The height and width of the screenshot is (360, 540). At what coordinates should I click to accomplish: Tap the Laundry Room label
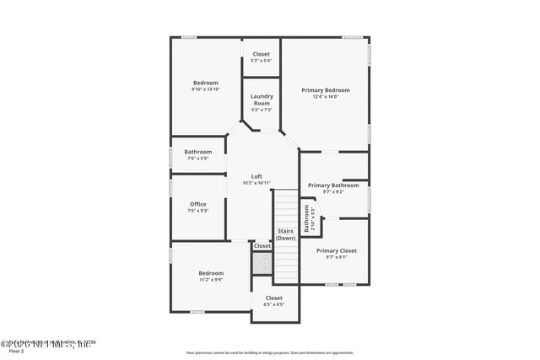coord(262,99)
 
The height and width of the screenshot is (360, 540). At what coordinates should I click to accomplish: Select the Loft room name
coord(256,176)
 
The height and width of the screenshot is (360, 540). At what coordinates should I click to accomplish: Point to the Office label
coord(198,204)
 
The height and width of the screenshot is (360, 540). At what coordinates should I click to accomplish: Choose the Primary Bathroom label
coord(333,185)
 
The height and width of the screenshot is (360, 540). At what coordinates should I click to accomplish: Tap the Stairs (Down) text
coord(286,234)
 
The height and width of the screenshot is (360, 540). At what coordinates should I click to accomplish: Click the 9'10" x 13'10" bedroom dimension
coord(205,89)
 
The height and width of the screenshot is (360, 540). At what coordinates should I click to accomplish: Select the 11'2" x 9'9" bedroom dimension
coord(211,280)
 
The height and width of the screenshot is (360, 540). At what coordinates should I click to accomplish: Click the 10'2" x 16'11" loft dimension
coord(256,183)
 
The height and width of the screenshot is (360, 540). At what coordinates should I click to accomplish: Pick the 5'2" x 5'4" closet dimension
coord(262,61)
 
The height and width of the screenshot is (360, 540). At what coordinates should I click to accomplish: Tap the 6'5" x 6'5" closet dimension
coord(274,304)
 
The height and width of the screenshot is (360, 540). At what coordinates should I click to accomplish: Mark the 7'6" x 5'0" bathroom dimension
coord(198,159)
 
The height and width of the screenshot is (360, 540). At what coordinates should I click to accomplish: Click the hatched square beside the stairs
coord(262,263)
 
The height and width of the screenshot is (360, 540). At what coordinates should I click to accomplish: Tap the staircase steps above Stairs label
coord(286,207)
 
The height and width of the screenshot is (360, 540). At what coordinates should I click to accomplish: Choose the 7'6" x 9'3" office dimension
coord(198,211)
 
